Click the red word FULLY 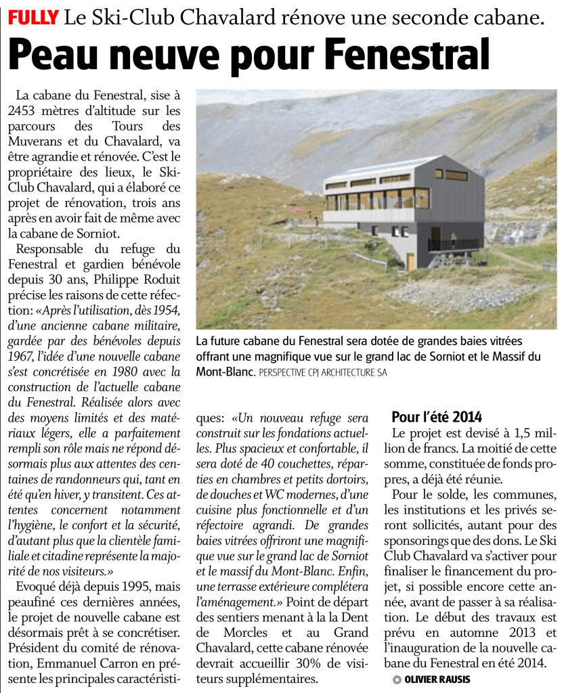pyautogui.click(x=32, y=16)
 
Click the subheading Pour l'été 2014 pyautogui.click(x=437, y=416)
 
